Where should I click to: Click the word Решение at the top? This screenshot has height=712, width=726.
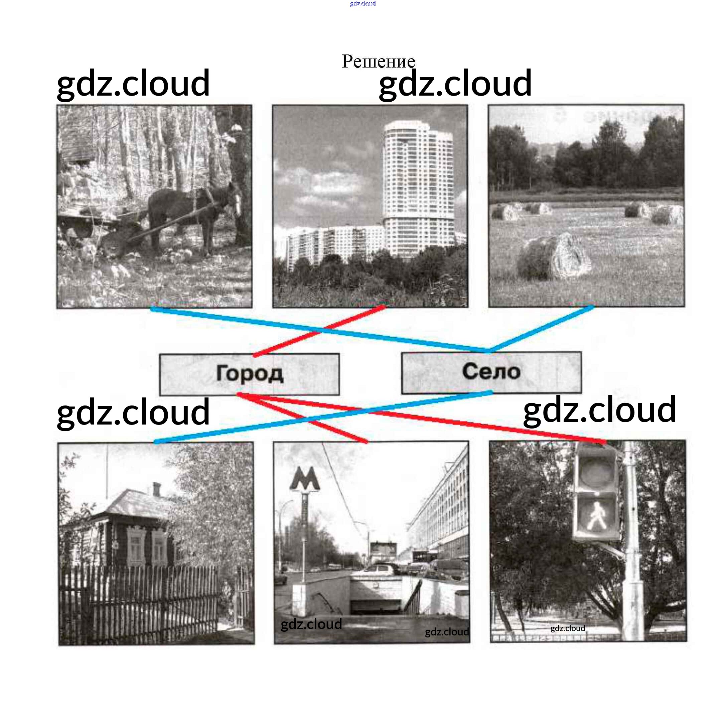point(378,61)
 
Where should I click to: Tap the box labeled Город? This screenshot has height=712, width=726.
point(249,374)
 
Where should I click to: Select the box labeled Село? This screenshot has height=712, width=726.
point(491,372)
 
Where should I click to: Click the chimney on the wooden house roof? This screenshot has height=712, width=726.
point(157,489)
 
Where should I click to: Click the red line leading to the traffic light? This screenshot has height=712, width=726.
point(421,418)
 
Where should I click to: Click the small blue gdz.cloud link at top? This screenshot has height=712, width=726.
point(362,4)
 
